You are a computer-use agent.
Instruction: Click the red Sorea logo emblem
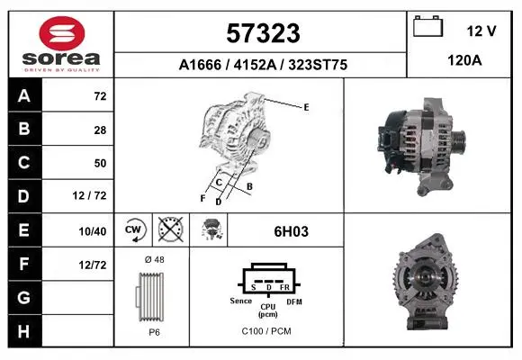coord(62,33)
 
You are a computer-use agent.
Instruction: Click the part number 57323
coord(263,33)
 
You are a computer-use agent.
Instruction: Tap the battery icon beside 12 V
coord(427,26)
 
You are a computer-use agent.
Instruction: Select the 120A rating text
coord(464,60)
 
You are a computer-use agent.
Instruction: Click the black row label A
coord(24,96)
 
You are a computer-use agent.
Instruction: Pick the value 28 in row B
coord(100,130)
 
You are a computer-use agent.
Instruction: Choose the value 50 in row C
coord(100,163)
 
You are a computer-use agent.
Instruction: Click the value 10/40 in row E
coord(93,231)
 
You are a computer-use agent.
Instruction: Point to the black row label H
coord(24,331)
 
